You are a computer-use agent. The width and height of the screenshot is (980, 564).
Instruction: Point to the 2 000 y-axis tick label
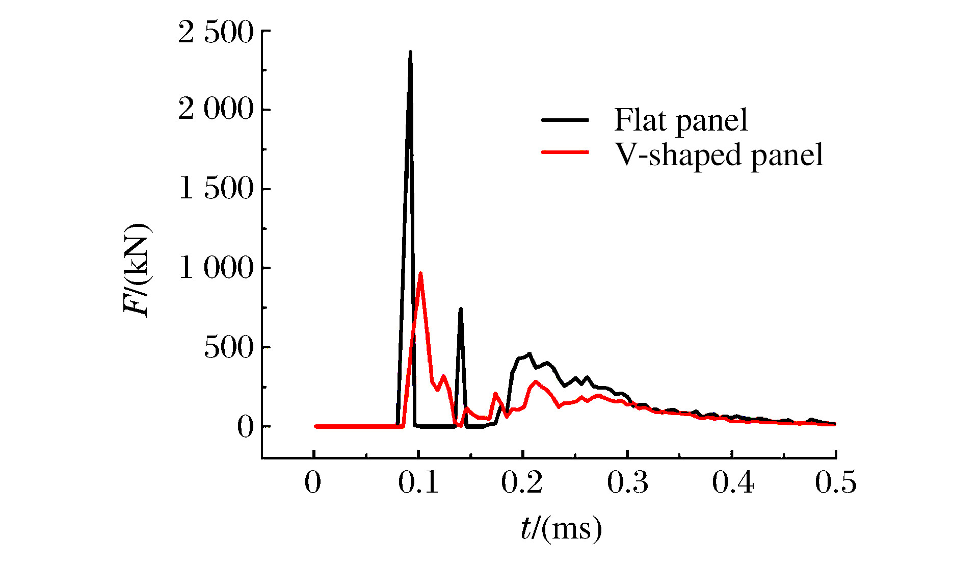point(216,110)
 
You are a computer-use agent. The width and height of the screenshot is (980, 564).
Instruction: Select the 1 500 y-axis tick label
point(216,189)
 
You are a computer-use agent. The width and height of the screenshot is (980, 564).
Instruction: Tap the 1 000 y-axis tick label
point(216,268)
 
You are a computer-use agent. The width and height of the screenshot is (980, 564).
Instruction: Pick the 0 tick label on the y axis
point(245,427)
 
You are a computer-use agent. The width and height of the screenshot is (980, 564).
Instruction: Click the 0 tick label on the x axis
point(313,482)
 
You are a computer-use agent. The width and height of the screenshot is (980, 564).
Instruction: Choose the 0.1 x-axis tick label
point(418,482)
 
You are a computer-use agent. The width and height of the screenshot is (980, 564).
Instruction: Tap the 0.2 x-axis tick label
point(522,482)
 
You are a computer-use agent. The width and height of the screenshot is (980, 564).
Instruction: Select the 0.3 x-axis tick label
point(627,482)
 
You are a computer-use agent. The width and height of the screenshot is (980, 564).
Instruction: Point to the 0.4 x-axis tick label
point(732,482)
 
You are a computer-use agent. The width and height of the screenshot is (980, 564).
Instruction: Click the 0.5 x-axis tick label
point(836,482)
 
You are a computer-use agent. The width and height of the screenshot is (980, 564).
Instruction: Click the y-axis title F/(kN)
point(137,270)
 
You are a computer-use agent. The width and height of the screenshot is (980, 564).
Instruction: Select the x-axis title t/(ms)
point(561,529)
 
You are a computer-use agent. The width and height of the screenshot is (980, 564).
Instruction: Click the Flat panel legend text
point(681,120)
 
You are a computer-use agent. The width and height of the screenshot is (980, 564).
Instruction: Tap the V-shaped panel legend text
point(719,155)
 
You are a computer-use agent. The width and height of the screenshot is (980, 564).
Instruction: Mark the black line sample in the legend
point(565,120)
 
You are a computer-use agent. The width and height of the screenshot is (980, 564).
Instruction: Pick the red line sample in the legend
point(565,152)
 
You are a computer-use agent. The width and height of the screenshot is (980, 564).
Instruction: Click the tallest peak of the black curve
point(410,52)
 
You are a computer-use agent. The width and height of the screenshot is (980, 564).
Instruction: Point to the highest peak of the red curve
point(420,273)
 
